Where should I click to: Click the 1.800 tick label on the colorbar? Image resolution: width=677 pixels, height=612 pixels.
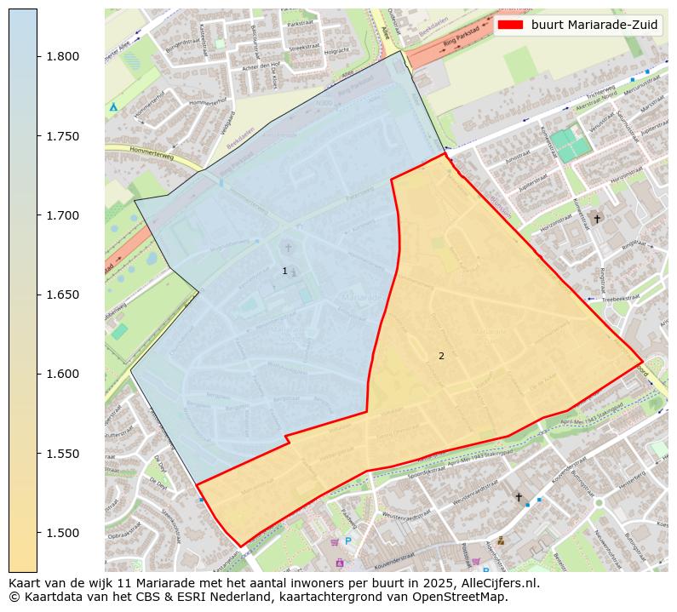(61, 57)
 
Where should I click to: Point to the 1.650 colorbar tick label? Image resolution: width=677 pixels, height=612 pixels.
(61, 295)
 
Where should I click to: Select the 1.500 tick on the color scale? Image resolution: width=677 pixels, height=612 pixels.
(61, 534)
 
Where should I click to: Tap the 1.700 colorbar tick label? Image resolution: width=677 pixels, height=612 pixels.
(61, 216)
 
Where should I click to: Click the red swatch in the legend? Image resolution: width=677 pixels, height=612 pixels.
(511, 25)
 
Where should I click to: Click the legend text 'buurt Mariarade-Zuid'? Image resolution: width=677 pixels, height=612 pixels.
(594, 25)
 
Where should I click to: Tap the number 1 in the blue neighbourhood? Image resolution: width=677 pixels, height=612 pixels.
(284, 271)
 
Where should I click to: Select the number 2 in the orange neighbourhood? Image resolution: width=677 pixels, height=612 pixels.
(441, 356)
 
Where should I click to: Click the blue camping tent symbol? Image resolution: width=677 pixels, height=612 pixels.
(113, 107)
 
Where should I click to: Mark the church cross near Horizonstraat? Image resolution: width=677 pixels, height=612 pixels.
(597, 219)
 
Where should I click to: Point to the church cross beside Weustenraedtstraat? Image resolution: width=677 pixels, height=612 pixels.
(518, 496)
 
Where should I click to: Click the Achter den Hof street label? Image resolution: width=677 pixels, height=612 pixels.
(261, 67)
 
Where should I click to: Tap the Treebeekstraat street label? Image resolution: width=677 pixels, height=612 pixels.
(619, 299)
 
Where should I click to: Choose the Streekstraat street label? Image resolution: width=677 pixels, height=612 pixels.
(303, 49)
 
